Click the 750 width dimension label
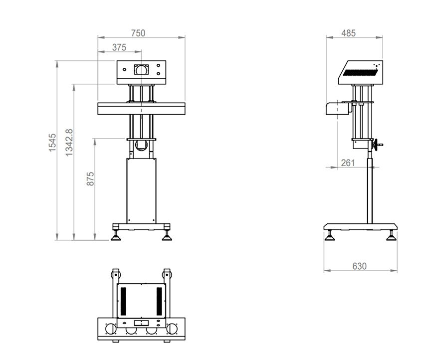tap(138, 33)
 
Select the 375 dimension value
tap(119, 47)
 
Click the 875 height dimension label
tap(90, 179)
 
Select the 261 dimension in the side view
tap(348, 163)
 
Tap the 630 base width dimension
tap(359, 266)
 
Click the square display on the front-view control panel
tap(141, 69)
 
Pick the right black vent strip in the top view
tap(159, 300)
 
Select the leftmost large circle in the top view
tap(110, 329)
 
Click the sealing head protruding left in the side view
tap(335, 108)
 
